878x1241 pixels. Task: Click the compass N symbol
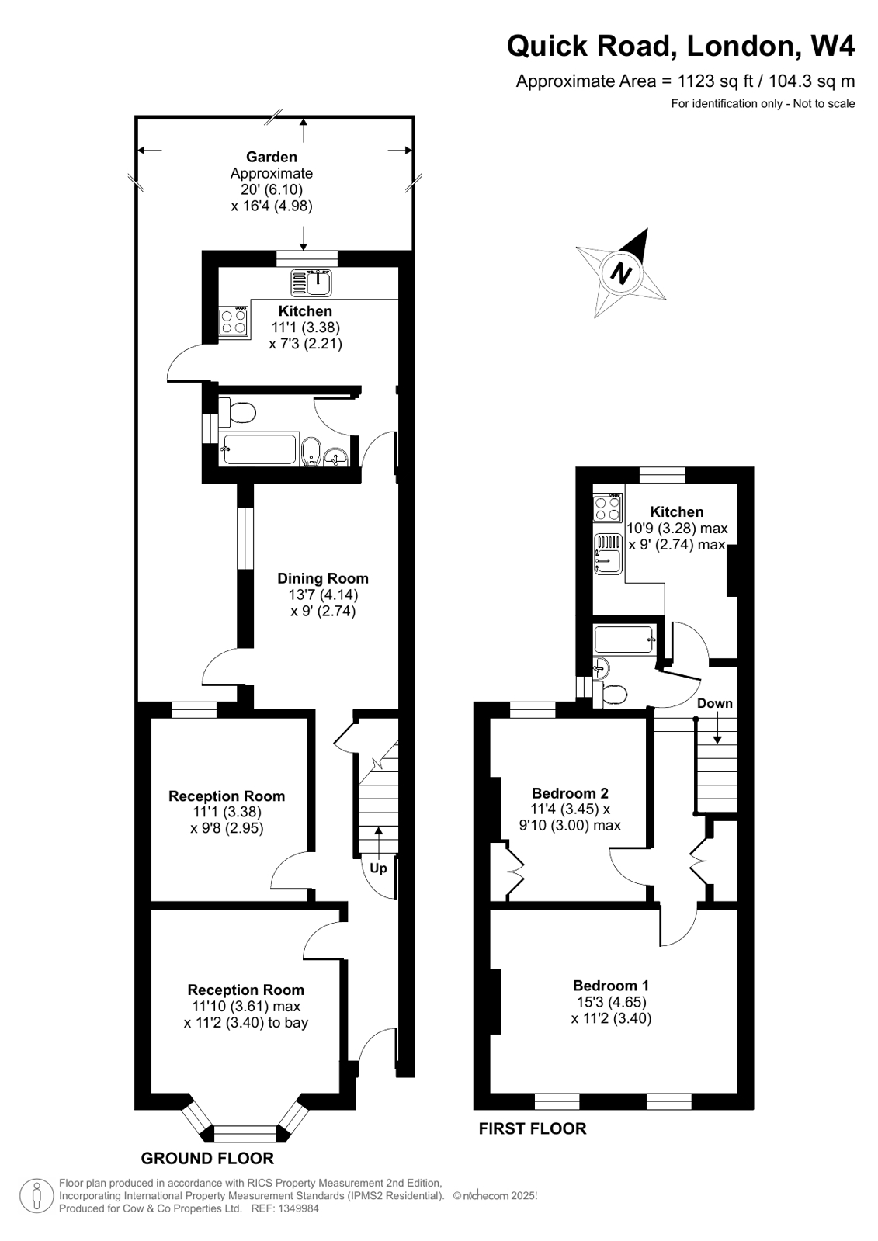[621, 272]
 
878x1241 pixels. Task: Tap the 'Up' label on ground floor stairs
[378, 868]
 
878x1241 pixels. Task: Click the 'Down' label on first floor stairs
[714, 703]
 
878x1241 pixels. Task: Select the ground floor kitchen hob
[234, 321]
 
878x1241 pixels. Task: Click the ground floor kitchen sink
[312, 283]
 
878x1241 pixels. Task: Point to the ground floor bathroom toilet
[237, 412]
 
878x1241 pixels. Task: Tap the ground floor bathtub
[259, 449]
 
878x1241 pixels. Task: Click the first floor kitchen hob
[607, 508]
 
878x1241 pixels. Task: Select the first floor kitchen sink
[607, 555]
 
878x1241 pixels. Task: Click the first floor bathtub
[625, 641]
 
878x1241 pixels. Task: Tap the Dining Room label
[323, 578]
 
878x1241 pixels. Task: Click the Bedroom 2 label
[570, 793]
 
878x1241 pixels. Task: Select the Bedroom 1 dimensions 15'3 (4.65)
[611, 1002]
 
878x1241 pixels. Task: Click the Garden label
[272, 157]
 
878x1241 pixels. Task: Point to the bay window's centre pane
[245, 1134]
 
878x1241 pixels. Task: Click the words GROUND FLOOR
[207, 1159]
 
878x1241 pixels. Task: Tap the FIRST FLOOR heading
[533, 1128]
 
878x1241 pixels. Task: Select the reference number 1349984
[295, 1208]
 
